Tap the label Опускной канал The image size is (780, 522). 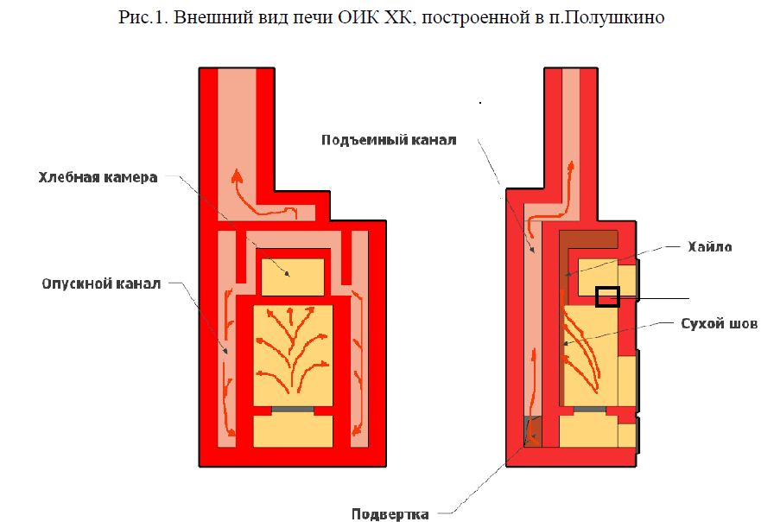coord(100,283)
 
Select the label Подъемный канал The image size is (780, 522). coord(388,140)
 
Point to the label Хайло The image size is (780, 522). coord(711,247)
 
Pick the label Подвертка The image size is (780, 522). coord(390,514)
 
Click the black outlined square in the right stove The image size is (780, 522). coord(608,296)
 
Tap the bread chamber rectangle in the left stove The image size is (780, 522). coord(293,277)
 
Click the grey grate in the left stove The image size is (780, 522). coord(293,408)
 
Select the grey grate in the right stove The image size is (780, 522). coord(589,408)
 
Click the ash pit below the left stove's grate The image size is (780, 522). coord(293,430)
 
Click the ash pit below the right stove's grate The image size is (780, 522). coord(589,430)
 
